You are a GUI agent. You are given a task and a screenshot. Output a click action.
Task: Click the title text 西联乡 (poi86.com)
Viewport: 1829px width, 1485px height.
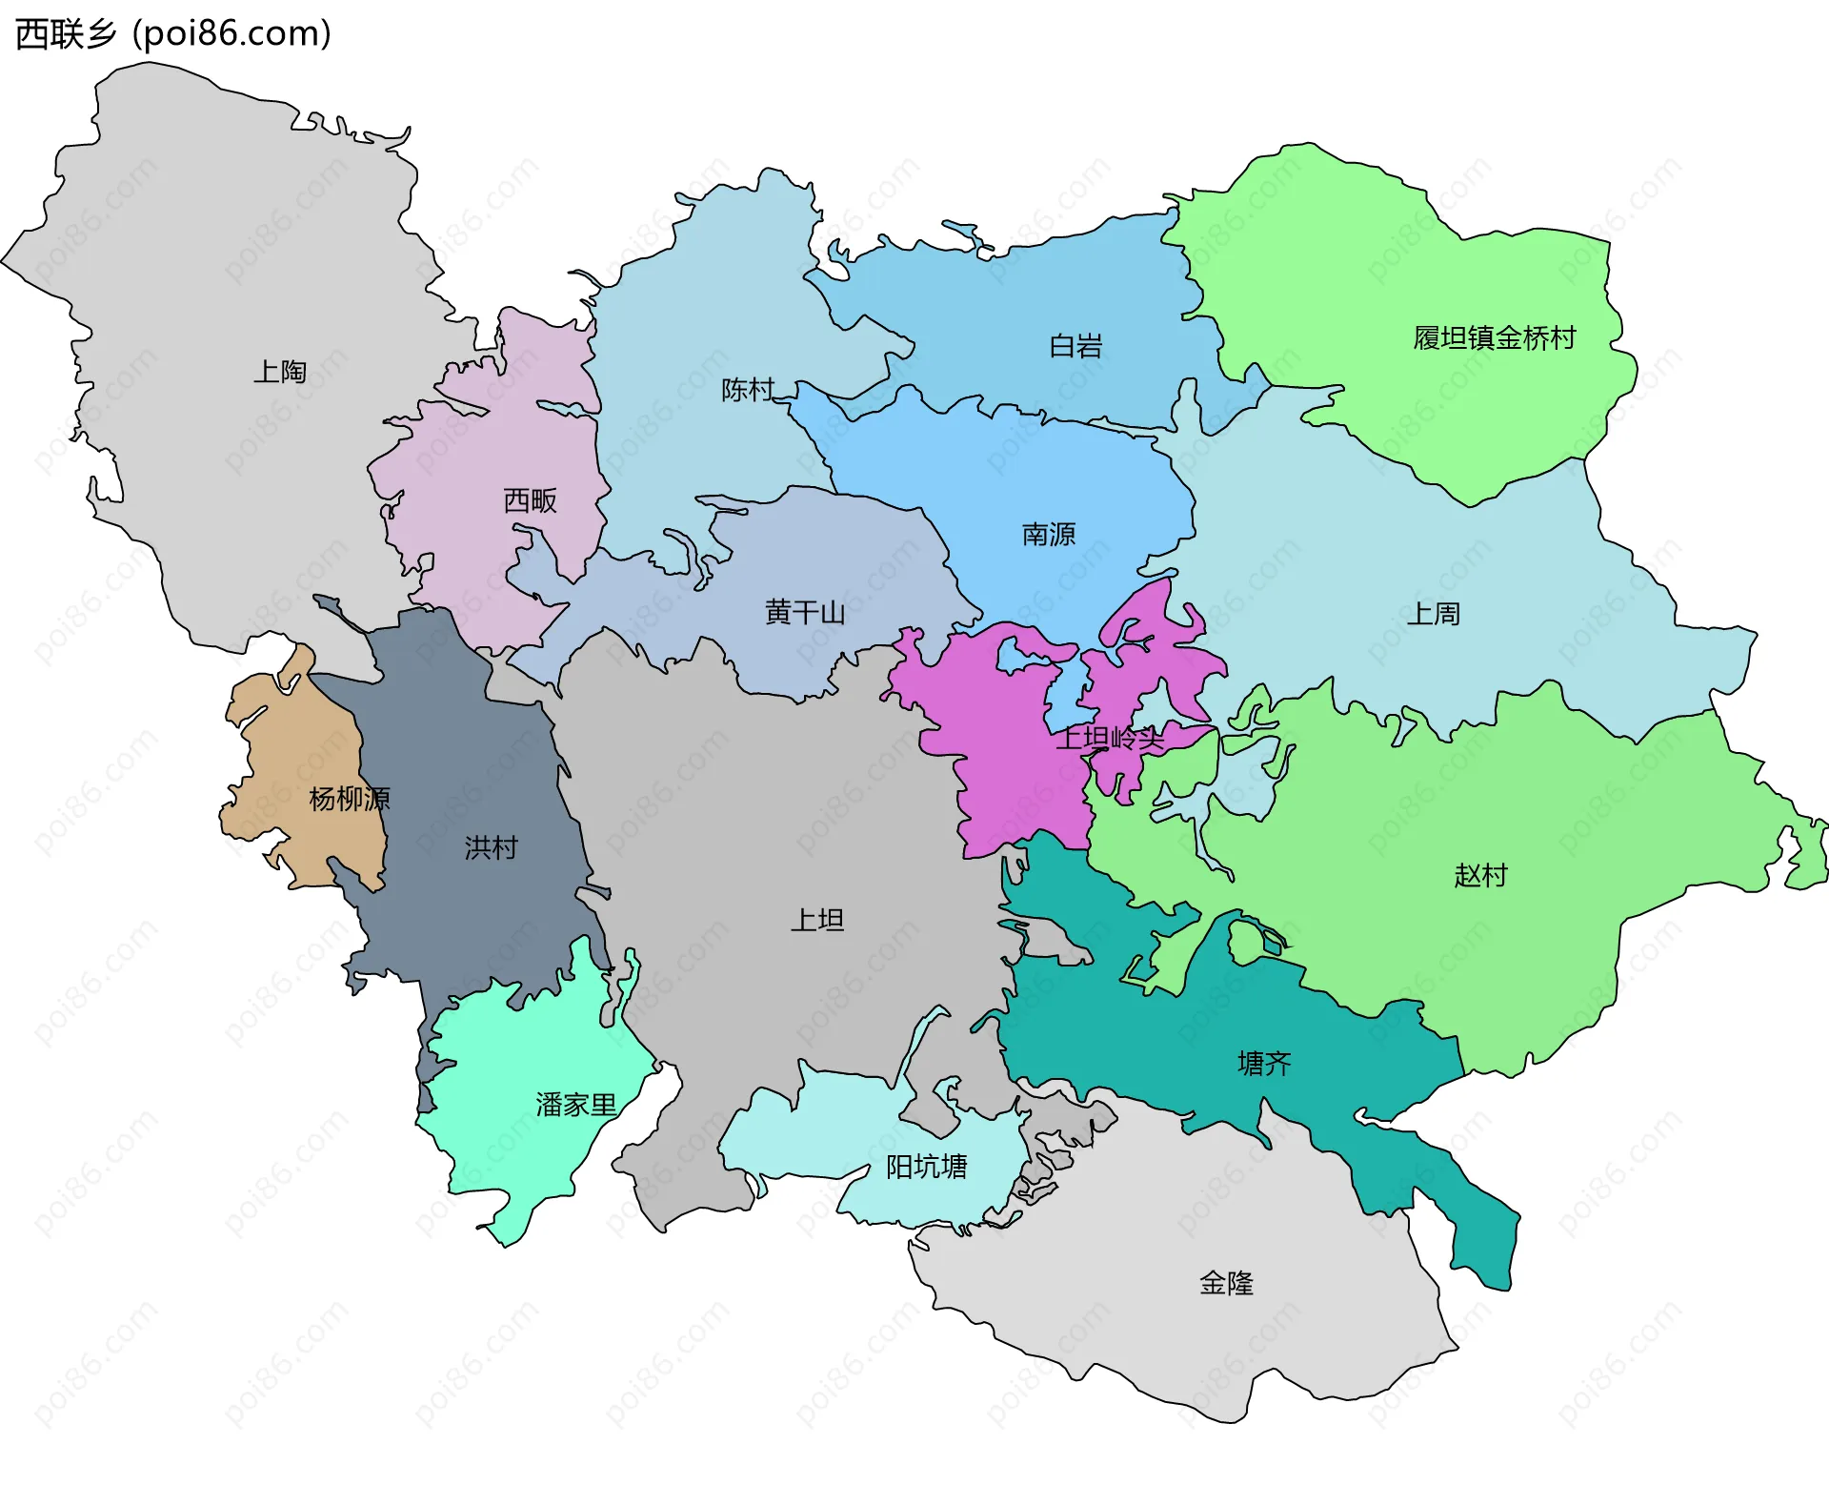(173, 33)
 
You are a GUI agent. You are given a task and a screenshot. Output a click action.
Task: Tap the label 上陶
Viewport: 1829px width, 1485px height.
(279, 372)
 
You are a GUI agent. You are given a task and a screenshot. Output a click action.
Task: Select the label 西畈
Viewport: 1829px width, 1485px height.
(530, 500)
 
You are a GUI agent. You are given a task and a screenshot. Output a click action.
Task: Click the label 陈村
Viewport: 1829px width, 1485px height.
(748, 390)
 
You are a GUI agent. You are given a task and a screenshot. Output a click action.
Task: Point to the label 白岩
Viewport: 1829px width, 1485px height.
(1075, 346)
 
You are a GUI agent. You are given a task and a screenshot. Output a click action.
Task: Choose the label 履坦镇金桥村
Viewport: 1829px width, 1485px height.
(1494, 337)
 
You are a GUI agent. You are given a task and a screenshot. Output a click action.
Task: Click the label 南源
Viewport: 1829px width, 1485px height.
(1048, 534)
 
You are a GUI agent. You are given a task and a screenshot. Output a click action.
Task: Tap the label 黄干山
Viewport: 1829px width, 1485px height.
(805, 612)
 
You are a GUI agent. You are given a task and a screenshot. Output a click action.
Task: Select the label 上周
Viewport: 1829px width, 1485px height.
(1433, 614)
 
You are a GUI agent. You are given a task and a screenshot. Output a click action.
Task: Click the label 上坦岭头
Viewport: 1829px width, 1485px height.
(1110, 737)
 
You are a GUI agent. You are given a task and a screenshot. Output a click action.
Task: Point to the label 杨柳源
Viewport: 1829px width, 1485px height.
(350, 799)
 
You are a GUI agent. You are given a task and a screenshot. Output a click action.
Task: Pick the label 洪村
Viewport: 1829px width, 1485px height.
(491, 847)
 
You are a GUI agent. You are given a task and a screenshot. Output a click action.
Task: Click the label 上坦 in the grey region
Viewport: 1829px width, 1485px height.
(817, 920)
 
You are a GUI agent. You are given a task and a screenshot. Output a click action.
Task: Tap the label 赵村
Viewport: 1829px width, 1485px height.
(1480, 875)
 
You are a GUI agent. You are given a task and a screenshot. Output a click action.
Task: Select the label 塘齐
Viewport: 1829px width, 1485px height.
(1264, 1063)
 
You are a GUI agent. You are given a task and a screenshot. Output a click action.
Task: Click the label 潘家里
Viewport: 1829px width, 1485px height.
(576, 1105)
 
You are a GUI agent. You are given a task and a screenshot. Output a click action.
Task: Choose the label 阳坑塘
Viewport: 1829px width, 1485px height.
(926, 1167)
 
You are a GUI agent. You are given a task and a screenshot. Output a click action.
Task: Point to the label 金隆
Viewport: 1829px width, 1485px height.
(1226, 1283)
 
